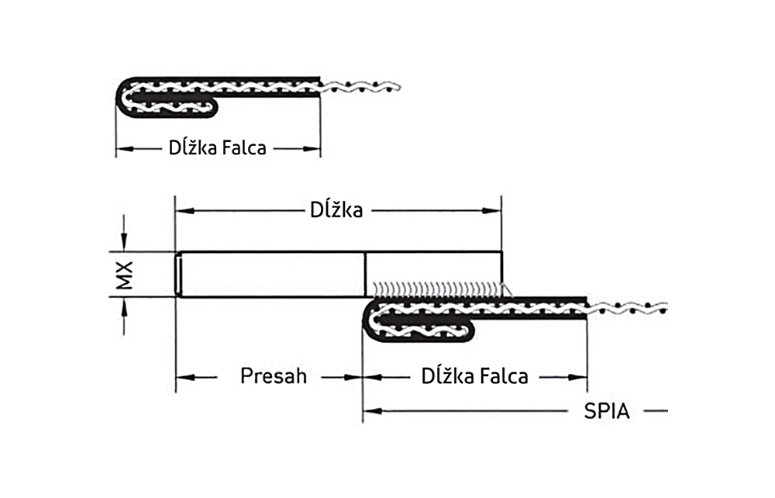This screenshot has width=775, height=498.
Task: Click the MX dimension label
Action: click(125, 275)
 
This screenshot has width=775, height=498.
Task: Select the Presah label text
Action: click(274, 377)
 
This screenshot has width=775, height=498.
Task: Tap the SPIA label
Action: click(606, 411)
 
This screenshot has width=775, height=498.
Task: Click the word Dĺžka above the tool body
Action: click(336, 209)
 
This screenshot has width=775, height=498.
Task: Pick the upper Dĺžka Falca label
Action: click(217, 147)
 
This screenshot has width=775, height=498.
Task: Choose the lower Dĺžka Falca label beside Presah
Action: click(475, 377)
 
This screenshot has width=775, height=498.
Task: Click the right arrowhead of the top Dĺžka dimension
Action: click(494, 209)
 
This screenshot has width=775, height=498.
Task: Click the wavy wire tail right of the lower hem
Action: click(628, 308)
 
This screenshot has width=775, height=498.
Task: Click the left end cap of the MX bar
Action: click(179, 275)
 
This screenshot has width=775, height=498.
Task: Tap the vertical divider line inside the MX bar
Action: click(365, 275)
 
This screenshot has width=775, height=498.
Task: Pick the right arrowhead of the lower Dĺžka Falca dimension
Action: click(580, 377)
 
